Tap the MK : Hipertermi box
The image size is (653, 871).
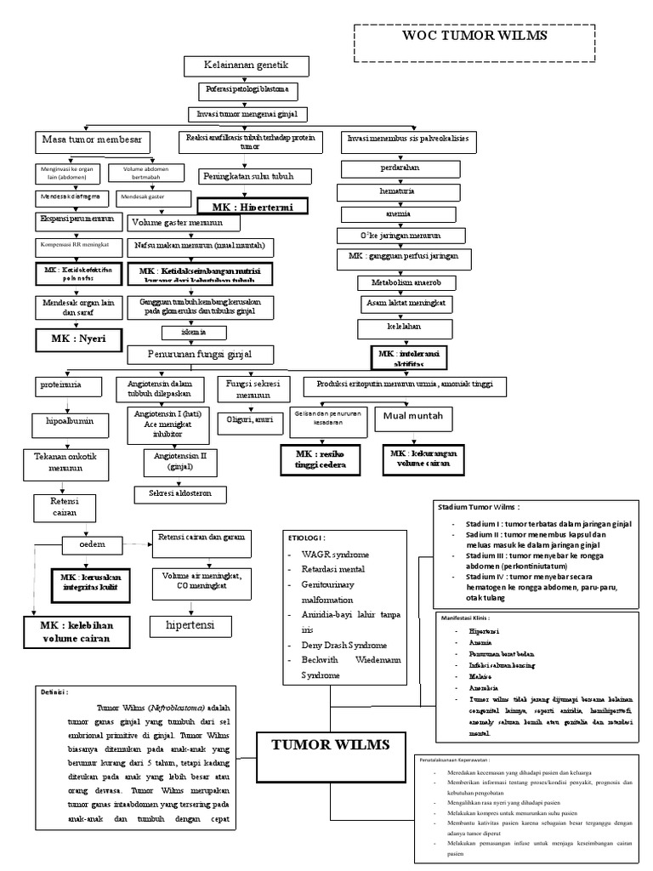252,207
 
